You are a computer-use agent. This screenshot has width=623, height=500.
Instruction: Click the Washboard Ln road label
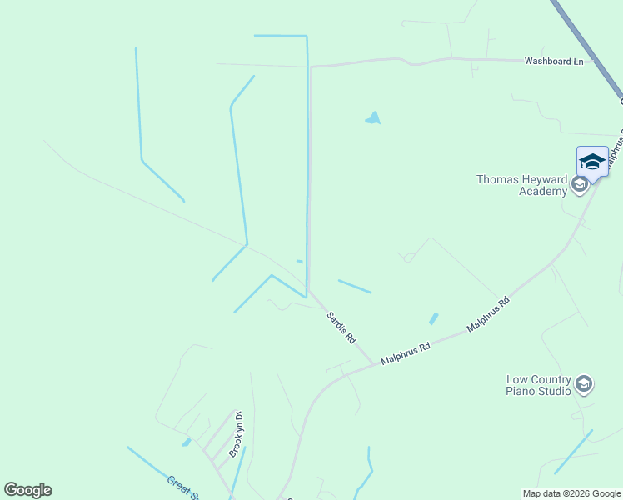point(553,61)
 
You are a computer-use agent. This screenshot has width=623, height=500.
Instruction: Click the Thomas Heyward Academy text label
point(521,185)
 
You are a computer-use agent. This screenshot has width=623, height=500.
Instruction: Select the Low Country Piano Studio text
point(539,385)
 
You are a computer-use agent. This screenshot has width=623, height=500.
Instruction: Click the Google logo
point(28,490)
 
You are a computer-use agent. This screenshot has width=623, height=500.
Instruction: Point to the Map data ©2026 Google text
point(572,493)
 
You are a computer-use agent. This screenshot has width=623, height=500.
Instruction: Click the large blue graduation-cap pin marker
point(592,161)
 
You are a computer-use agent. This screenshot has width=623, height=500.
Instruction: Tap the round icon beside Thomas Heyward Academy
point(580,184)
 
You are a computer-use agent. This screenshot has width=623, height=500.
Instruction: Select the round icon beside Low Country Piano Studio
point(584,383)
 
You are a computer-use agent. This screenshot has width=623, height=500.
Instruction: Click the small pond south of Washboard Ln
point(373,119)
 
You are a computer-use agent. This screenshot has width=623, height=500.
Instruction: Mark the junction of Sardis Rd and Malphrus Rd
point(372,364)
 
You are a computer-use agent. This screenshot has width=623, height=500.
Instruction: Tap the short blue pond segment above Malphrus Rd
point(433,318)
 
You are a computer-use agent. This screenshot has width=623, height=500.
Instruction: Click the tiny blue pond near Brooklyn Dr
point(187,442)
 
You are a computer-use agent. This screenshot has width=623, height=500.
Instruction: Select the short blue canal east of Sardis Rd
point(355,286)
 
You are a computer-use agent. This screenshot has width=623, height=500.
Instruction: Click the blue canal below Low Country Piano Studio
point(573,452)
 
